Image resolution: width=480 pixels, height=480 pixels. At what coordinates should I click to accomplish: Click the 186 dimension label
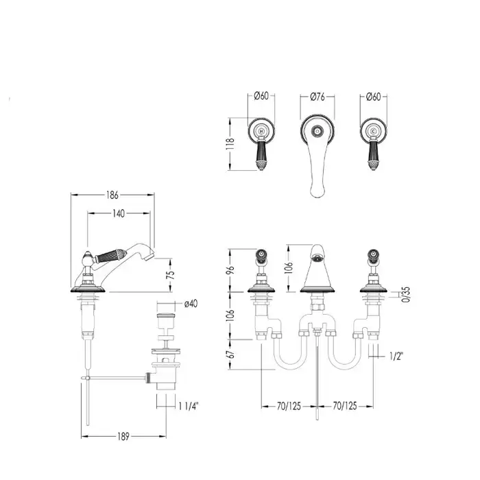tap(112, 195)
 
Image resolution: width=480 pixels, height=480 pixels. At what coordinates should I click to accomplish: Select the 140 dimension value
tap(119, 213)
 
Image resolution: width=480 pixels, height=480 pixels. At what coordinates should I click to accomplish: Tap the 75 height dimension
tap(171, 275)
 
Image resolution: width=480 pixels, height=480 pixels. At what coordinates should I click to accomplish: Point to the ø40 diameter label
tap(191, 303)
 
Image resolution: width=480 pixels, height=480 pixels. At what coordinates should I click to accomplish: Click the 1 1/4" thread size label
tap(189, 406)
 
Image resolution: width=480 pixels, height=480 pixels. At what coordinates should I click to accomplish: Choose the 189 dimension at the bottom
tap(123, 437)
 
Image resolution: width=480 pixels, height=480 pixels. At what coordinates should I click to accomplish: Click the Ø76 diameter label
tap(317, 97)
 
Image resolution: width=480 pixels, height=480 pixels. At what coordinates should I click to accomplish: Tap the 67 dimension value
tap(232, 355)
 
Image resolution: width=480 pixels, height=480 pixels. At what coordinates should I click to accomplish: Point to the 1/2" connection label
tap(396, 356)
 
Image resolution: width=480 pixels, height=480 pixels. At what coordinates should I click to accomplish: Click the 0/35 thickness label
tap(406, 294)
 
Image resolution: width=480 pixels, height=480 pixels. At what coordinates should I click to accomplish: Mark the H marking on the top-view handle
tap(261, 132)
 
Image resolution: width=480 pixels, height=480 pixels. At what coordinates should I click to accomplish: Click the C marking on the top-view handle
tap(373, 132)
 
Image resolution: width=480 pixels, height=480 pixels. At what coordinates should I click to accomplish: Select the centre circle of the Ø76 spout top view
tap(317, 132)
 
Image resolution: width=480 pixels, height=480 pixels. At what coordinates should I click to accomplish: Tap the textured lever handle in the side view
tap(111, 256)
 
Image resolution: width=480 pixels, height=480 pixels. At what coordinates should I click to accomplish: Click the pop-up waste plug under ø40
tap(166, 317)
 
